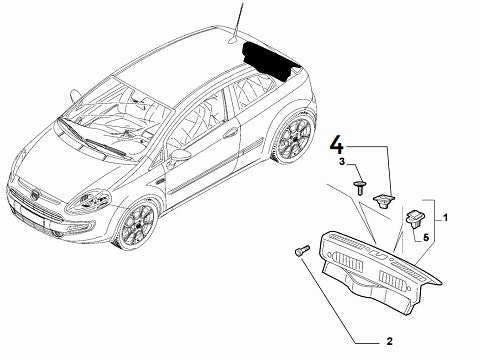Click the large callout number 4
336,146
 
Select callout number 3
342,162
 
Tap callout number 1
445,218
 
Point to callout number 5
426,238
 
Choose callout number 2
390,341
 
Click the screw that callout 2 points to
302,250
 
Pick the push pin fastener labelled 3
359,188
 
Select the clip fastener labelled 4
384,200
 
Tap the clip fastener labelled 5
415,219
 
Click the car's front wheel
138,225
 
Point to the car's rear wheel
294,136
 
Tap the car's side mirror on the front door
180,155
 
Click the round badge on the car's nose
34,195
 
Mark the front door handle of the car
230,133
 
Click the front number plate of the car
32,215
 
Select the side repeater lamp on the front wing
160,181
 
